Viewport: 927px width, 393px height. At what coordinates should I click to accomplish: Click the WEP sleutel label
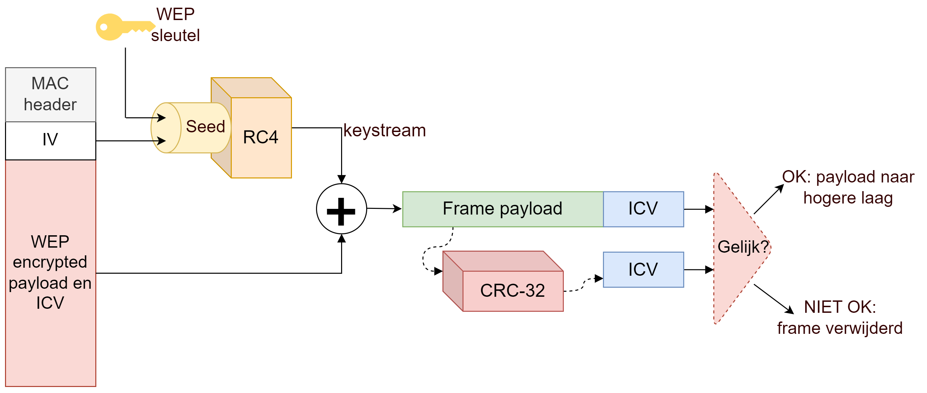tap(175, 25)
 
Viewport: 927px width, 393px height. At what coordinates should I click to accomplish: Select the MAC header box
tap(50, 94)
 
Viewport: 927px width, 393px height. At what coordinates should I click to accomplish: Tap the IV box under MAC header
tap(50, 140)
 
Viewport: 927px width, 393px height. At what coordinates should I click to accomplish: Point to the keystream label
tap(384, 130)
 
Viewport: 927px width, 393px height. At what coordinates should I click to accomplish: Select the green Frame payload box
tap(502, 209)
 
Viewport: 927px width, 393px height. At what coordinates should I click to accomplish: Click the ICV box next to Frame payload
tap(643, 209)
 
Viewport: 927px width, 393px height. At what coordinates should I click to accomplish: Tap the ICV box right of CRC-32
tap(643, 270)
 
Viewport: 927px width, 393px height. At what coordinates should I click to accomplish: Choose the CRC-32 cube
tap(512, 290)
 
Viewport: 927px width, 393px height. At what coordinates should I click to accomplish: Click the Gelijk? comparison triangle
tap(738, 247)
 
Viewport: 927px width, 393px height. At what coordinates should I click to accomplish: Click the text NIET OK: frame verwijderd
tap(840, 317)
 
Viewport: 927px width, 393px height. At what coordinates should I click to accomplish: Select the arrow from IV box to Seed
tap(129, 141)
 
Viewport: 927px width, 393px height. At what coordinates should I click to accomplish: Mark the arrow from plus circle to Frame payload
tap(384, 209)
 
